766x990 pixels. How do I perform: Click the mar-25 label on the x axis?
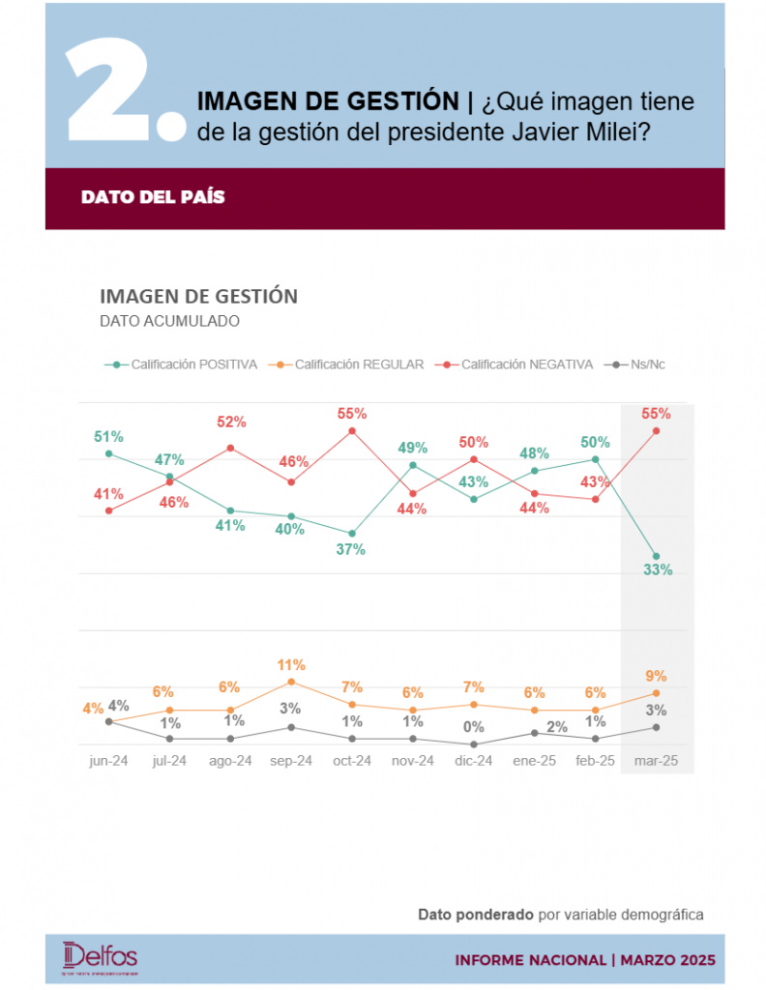click(656, 761)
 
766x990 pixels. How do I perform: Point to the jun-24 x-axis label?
click(108, 761)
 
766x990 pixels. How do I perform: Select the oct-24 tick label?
click(351, 761)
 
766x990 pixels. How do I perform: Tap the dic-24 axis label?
click(474, 761)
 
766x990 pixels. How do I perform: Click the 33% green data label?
click(658, 569)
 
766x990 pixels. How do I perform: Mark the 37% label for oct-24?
click(351, 549)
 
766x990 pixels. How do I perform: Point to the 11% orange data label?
click(291, 665)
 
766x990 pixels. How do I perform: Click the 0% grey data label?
click(474, 727)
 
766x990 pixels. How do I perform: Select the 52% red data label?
click(231, 422)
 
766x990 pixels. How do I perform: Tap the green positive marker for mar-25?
click(656, 556)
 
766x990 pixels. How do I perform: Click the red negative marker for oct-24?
click(352, 431)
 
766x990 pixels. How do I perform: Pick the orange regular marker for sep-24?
click(291, 682)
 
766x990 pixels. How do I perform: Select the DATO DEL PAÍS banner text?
click(153, 197)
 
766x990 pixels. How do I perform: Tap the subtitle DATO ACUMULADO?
click(169, 321)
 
